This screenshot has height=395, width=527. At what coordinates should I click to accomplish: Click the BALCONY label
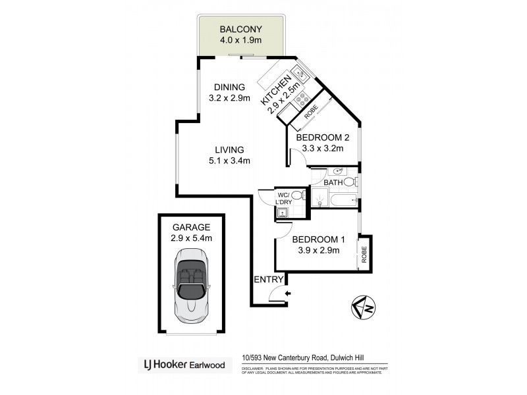click(x=241, y=30)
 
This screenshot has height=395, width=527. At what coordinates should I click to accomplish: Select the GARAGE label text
click(x=191, y=227)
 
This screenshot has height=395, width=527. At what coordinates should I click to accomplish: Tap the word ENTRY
click(x=267, y=280)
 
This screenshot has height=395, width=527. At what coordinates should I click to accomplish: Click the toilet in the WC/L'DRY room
click(x=297, y=195)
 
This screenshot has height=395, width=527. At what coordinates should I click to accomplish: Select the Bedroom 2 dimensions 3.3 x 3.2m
click(x=322, y=149)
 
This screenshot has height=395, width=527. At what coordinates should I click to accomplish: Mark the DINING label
click(x=229, y=87)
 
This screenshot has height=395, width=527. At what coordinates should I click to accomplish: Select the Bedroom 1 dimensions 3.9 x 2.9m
click(x=316, y=250)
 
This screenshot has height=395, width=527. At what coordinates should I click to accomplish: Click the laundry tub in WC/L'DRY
click(x=282, y=211)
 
